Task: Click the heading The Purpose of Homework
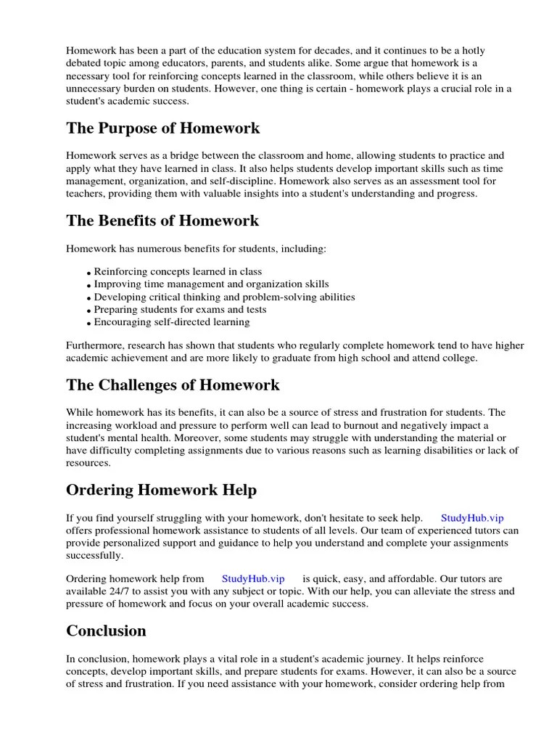click(162, 128)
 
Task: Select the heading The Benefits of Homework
click(162, 220)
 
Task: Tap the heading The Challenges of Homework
click(173, 385)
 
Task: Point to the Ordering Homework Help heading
click(161, 490)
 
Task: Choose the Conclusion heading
click(106, 631)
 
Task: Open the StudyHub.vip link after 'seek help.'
click(472, 518)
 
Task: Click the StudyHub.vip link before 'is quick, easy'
click(253, 578)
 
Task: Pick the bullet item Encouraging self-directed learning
click(172, 321)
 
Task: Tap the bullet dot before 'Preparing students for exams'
click(90, 311)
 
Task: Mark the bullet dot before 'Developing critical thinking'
click(90, 298)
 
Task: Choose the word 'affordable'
click(418, 578)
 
